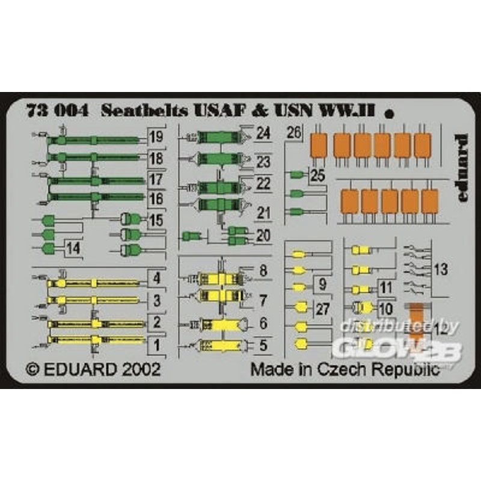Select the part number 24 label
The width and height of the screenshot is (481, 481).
coord(262,133)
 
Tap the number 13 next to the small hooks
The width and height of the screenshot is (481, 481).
coord(441,270)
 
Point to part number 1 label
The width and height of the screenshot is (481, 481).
coord(157,346)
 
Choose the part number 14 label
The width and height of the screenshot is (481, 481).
coord(73,248)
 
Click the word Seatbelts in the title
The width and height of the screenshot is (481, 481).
coord(138,111)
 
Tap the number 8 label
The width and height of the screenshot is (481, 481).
coord(262,271)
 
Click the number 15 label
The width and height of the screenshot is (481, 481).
coord(156,220)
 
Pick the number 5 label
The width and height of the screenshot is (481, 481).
coord(262,346)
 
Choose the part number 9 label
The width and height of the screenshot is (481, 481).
coord(322,283)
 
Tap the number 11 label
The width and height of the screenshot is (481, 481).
coord(385,288)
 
